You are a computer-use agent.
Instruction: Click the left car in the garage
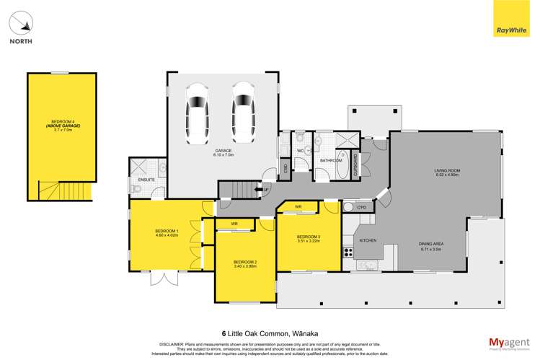click(197, 113)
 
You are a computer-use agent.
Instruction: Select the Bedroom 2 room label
click(246, 263)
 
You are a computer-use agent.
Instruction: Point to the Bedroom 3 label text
click(309, 239)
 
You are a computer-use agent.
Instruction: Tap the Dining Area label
click(433, 245)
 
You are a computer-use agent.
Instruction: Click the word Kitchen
click(368, 240)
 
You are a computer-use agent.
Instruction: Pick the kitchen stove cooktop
click(348, 253)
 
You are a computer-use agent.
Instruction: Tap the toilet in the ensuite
click(137, 190)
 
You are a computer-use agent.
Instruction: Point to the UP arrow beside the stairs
click(266, 190)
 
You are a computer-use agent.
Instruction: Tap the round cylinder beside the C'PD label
click(349, 208)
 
